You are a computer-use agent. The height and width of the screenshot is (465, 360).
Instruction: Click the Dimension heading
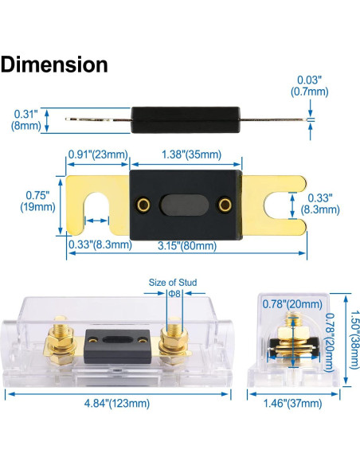[54, 64]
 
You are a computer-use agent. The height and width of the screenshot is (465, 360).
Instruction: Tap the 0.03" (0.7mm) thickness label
[309, 86]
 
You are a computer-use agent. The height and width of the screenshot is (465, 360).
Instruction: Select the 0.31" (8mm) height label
[26, 119]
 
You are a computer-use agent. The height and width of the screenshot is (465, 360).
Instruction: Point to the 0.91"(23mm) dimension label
[98, 154]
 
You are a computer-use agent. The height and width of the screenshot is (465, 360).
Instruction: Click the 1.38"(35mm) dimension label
[191, 154]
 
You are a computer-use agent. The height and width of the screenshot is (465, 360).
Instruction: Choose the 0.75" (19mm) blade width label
[37, 201]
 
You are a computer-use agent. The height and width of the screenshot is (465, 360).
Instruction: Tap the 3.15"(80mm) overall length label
[187, 245]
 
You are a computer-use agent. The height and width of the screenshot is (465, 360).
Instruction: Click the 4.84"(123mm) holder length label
[117, 404]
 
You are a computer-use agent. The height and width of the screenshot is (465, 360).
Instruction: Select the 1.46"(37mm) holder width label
[292, 404]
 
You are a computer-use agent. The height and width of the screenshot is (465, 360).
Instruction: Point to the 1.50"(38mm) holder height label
[354, 339]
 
